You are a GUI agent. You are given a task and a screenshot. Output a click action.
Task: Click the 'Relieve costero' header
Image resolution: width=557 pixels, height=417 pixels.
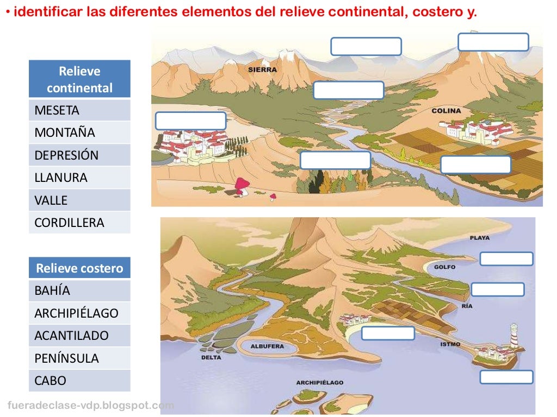coord(79,268)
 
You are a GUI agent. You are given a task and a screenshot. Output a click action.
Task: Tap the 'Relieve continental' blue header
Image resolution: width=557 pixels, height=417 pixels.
coord(79,79)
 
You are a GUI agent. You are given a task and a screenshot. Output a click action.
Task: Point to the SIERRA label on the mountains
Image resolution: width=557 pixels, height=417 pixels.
coord(262,69)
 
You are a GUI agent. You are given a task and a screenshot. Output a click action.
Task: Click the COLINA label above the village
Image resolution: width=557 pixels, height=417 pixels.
coord(446,111)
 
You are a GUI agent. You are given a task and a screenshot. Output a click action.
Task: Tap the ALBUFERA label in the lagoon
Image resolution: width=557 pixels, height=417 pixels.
coord(267,346)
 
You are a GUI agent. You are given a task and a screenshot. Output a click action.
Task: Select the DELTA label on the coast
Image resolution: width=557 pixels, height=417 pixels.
coord(211,357)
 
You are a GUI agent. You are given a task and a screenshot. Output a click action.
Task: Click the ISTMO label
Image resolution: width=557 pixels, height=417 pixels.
coord(450,344)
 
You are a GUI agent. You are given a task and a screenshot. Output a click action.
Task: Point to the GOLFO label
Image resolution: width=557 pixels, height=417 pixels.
coord(444,267)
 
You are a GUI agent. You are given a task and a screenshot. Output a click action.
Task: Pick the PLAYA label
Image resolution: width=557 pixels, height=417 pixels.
coord(480,238)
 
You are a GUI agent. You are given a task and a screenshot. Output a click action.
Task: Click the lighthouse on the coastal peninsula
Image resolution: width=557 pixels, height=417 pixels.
coord(513,336)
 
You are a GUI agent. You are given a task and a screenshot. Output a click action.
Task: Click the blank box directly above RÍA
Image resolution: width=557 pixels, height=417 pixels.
coord(498,289)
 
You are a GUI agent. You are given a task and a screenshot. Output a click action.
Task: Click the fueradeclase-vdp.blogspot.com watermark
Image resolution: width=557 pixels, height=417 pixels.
coord(91,405)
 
